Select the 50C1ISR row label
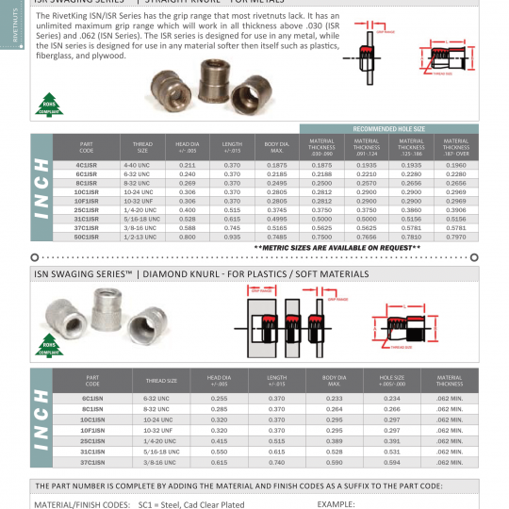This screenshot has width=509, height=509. coord(89,238)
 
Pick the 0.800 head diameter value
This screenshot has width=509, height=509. coord(187,238)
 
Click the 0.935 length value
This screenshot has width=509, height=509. coord(232,238)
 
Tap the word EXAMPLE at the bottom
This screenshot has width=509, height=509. coord(336,504)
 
